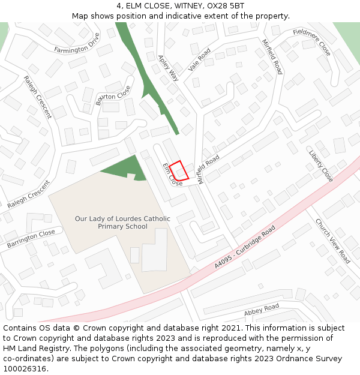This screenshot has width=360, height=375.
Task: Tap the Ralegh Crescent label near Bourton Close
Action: point(38,97)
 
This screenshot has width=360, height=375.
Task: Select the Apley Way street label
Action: point(169,68)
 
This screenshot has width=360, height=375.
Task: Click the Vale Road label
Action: point(200,60)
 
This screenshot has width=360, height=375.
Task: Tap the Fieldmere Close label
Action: point(312,41)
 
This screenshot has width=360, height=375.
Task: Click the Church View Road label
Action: point(332,241)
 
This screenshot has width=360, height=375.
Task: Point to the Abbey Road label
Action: point(262,310)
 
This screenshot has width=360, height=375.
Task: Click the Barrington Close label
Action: point(31,239)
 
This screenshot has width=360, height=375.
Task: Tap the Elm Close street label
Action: point(172,175)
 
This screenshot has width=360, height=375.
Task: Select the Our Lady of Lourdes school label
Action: point(122,223)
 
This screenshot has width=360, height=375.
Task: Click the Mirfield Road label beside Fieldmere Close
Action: point(272,56)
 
